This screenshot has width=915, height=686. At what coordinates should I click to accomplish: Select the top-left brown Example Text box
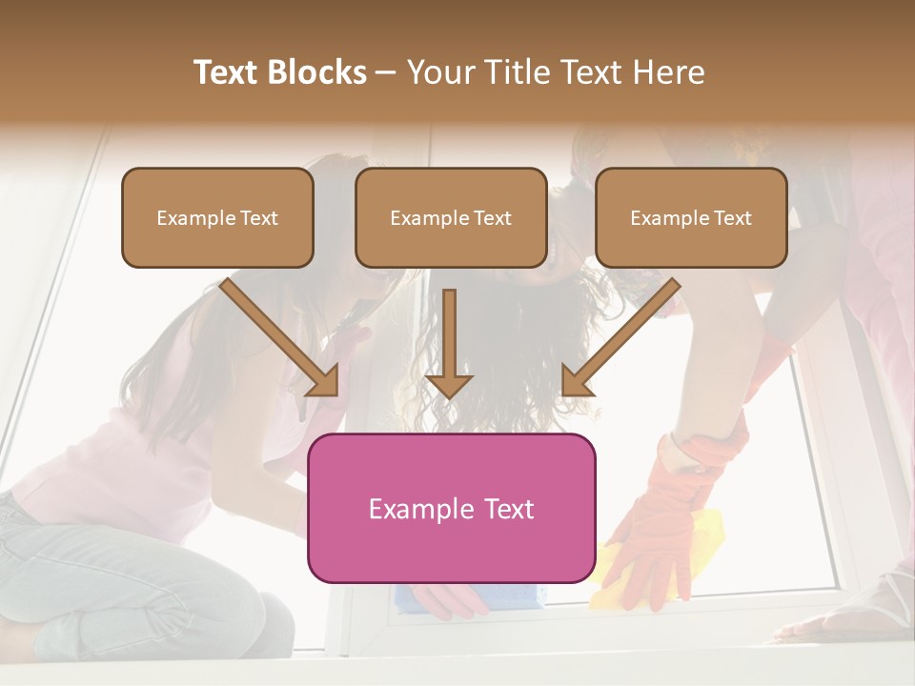(217, 217)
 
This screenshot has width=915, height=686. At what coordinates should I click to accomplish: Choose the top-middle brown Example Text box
(451, 217)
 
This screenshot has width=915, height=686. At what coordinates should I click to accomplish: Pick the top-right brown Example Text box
(691, 217)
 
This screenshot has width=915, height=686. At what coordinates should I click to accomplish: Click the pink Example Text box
(451, 508)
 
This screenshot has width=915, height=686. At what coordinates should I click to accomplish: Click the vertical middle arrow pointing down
(449, 343)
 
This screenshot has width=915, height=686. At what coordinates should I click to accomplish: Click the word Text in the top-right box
(732, 217)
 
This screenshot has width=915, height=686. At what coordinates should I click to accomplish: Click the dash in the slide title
(386, 73)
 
